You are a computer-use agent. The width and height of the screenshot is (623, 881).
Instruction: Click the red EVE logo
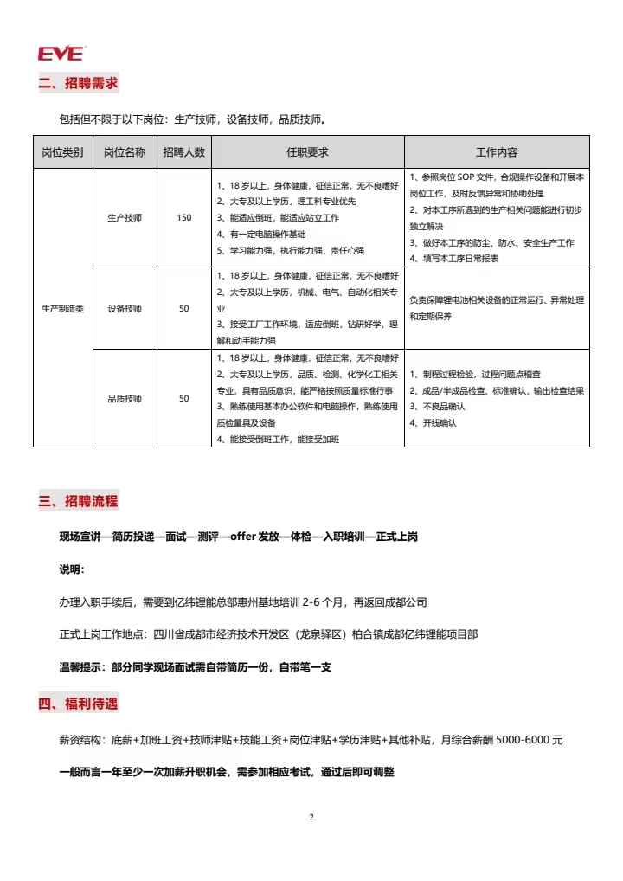click(61, 54)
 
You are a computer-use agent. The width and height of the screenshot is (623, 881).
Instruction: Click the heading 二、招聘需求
click(78, 84)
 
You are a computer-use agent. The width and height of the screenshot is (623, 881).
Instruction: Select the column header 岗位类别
click(62, 152)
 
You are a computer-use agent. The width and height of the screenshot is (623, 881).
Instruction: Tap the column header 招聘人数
click(183, 152)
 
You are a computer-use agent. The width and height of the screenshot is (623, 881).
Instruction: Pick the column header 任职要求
click(307, 152)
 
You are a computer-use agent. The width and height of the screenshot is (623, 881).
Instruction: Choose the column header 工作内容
click(497, 152)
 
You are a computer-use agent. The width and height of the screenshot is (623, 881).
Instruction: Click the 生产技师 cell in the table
click(125, 217)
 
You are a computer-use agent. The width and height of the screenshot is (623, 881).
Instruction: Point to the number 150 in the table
click(183, 217)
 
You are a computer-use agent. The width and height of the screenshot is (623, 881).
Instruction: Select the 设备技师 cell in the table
click(125, 308)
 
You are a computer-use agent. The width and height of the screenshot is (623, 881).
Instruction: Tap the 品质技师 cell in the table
click(125, 399)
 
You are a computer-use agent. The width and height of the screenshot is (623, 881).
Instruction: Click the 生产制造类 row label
click(62, 308)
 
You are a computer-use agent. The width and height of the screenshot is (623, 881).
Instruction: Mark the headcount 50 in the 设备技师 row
click(183, 308)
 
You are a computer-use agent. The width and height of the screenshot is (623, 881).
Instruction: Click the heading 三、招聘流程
click(78, 501)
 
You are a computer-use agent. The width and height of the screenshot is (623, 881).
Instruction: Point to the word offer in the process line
click(243, 537)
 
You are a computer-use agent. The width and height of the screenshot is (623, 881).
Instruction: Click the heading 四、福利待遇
click(78, 704)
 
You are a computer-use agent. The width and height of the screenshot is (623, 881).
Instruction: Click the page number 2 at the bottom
click(311, 818)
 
